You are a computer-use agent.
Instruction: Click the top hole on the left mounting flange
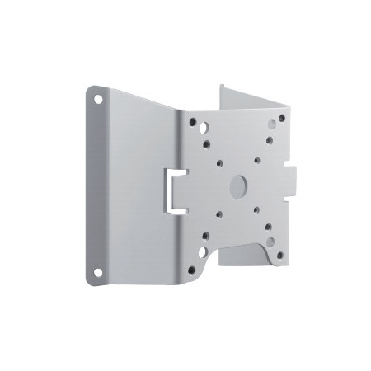[100, 96]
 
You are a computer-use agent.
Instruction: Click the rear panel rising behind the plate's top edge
[247, 95]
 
